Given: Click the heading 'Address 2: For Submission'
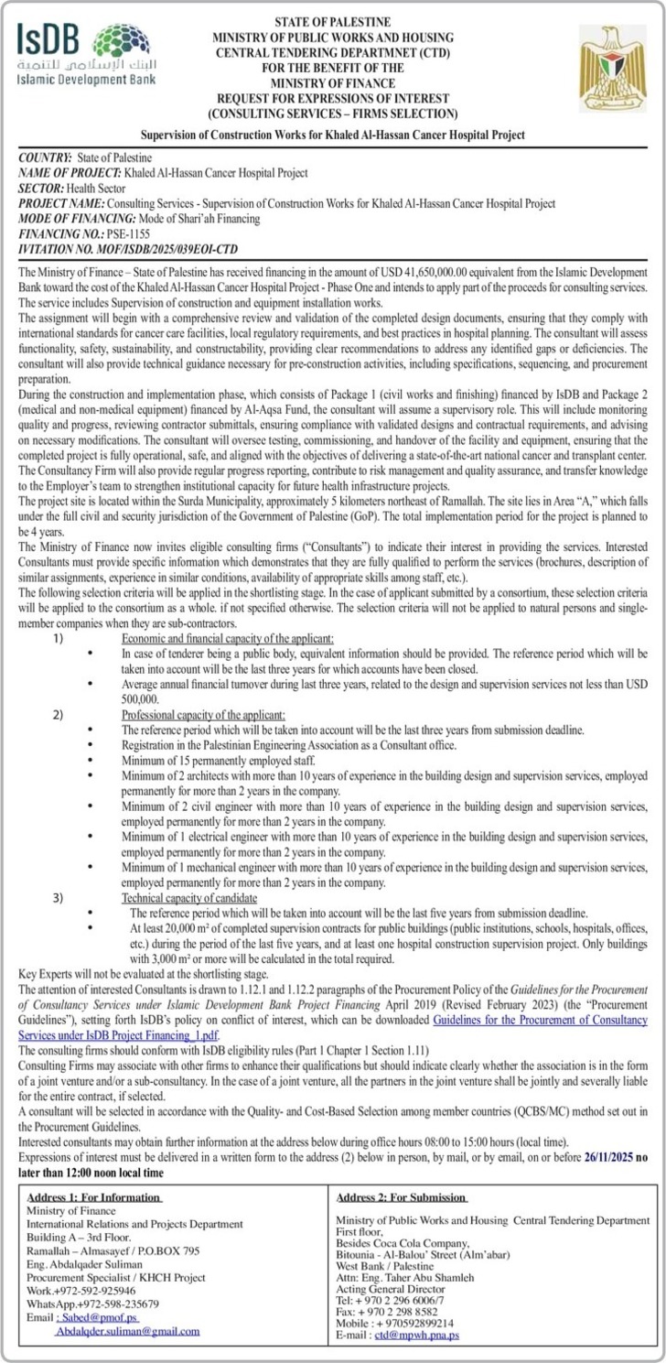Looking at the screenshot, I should (402, 1196).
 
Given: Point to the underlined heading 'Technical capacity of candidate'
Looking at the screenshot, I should (189, 898).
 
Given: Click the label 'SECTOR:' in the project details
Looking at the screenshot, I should (44, 188).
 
